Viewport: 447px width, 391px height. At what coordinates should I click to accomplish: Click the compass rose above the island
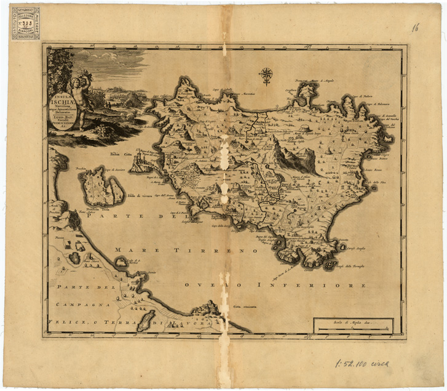[266, 75]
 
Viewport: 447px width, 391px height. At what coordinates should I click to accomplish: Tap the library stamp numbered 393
[25, 23]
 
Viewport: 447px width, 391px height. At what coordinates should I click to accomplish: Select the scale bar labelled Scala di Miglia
[352, 326]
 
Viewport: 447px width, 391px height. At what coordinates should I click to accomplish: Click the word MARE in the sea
[131, 250]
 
